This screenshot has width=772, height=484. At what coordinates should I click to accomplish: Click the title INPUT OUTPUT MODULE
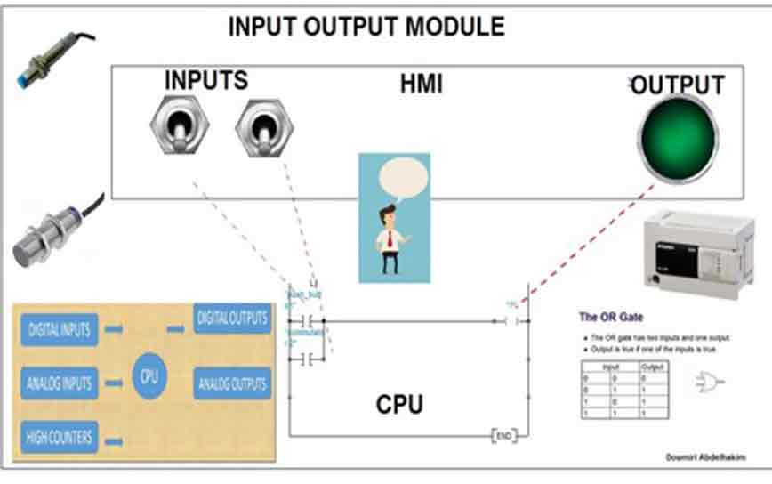pyautogui.click(x=366, y=27)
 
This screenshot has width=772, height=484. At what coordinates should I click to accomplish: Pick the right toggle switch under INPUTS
pyautogui.click(x=263, y=127)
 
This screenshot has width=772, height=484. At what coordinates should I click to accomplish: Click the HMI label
pyautogui.click(x=421, y=85)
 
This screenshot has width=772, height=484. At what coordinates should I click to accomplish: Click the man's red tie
pyautogui.click(x=389, y=239)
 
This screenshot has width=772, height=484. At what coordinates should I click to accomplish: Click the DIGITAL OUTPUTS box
pyautogui.click(x=231, y=318)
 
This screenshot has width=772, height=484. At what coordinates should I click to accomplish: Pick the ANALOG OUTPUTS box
pyautogui.click(x=231, y=384)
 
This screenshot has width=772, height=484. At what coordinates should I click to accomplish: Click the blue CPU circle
pyautogui.click(x=149, y=376)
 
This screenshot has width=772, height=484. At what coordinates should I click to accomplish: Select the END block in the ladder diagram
pyautogui.click(x=503, y=436)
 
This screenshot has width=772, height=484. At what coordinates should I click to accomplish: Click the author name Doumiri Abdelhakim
pyautogui.click(x=705, y=456)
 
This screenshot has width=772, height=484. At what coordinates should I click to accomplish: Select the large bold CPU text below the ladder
pyautogui.click(x=398, y=405)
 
